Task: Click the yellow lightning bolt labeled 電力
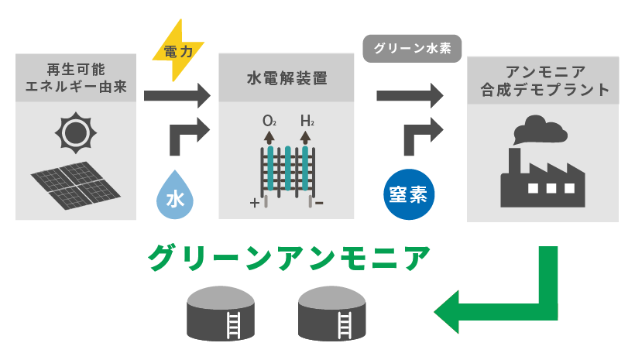pos(177,51)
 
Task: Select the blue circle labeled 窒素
pos(410,190)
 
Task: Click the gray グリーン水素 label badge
pos(412,48)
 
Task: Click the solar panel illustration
pos(76,184)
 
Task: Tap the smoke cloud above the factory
pos(536,129)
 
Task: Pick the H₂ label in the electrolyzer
pos(307,121)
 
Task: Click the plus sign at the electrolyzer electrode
pos(253,204)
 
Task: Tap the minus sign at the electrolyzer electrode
pos(320,204)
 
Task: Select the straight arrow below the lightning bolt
pos(177,96)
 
